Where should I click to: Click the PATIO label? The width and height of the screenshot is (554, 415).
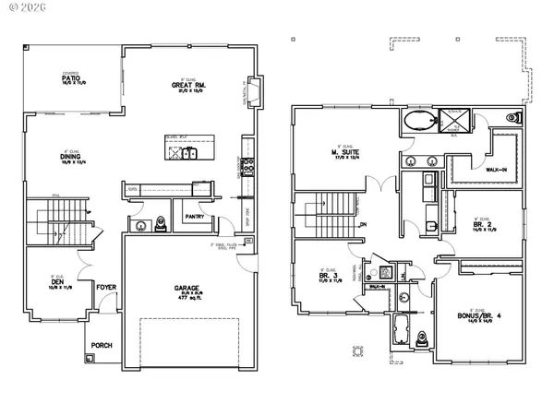tap(70, 78)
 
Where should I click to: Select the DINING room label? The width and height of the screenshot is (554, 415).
tap(70, 158)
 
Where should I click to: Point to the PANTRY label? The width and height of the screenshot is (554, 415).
tap(195, 216)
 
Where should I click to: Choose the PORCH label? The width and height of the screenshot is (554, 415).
tap(102, 345)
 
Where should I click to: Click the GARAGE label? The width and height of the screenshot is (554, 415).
tap(187, 288)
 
